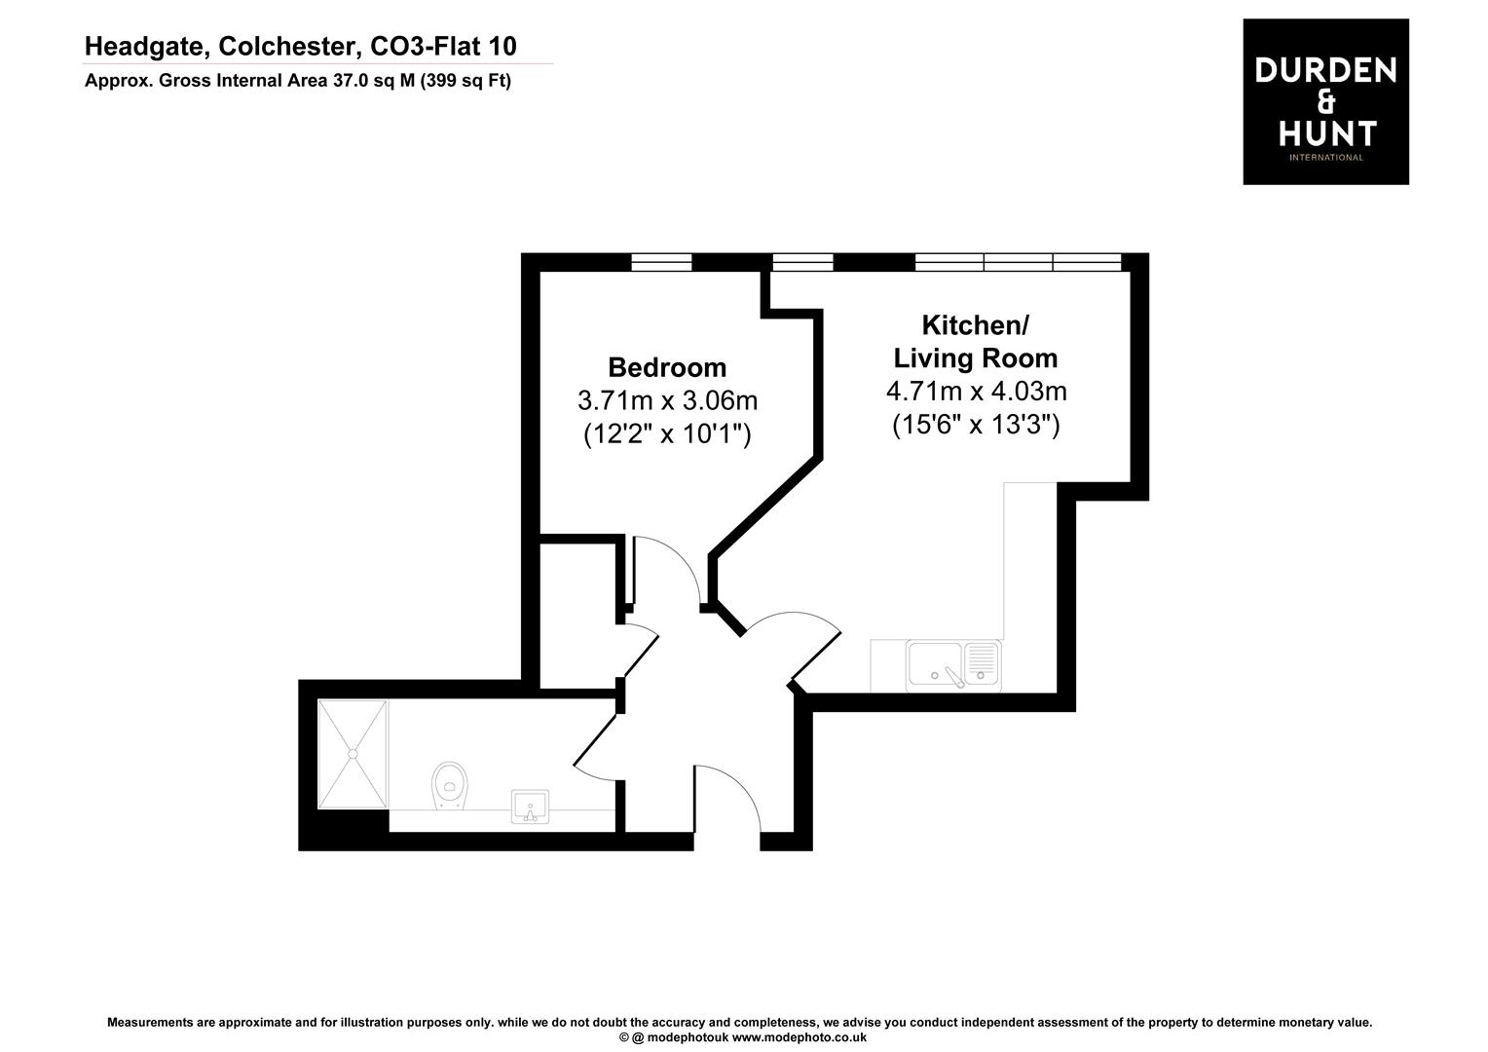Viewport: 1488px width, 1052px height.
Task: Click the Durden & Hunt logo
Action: (1325, 101)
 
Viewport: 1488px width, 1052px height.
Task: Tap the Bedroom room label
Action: (667, 367)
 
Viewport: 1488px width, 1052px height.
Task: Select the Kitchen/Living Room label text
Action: (975, 341)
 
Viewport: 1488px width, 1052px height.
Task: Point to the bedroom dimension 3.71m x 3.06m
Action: (667, 400)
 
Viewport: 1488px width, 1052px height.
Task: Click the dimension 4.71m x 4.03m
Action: (976, 392)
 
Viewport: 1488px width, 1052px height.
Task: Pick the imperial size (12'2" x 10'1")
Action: (667, 433)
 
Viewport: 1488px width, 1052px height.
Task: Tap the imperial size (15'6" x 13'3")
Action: (976, 425)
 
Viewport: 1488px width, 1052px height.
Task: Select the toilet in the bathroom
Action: (449, 784)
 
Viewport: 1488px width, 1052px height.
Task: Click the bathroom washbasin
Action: (531, 806)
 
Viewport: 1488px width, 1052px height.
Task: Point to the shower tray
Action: (353, 754)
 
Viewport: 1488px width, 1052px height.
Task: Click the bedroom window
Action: (661, 262)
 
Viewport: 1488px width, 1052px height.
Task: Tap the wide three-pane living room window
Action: (1018, 262)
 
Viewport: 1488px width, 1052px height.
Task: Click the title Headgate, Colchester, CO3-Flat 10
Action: (300, 46)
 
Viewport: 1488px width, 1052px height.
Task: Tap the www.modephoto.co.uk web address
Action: (800, 1037)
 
